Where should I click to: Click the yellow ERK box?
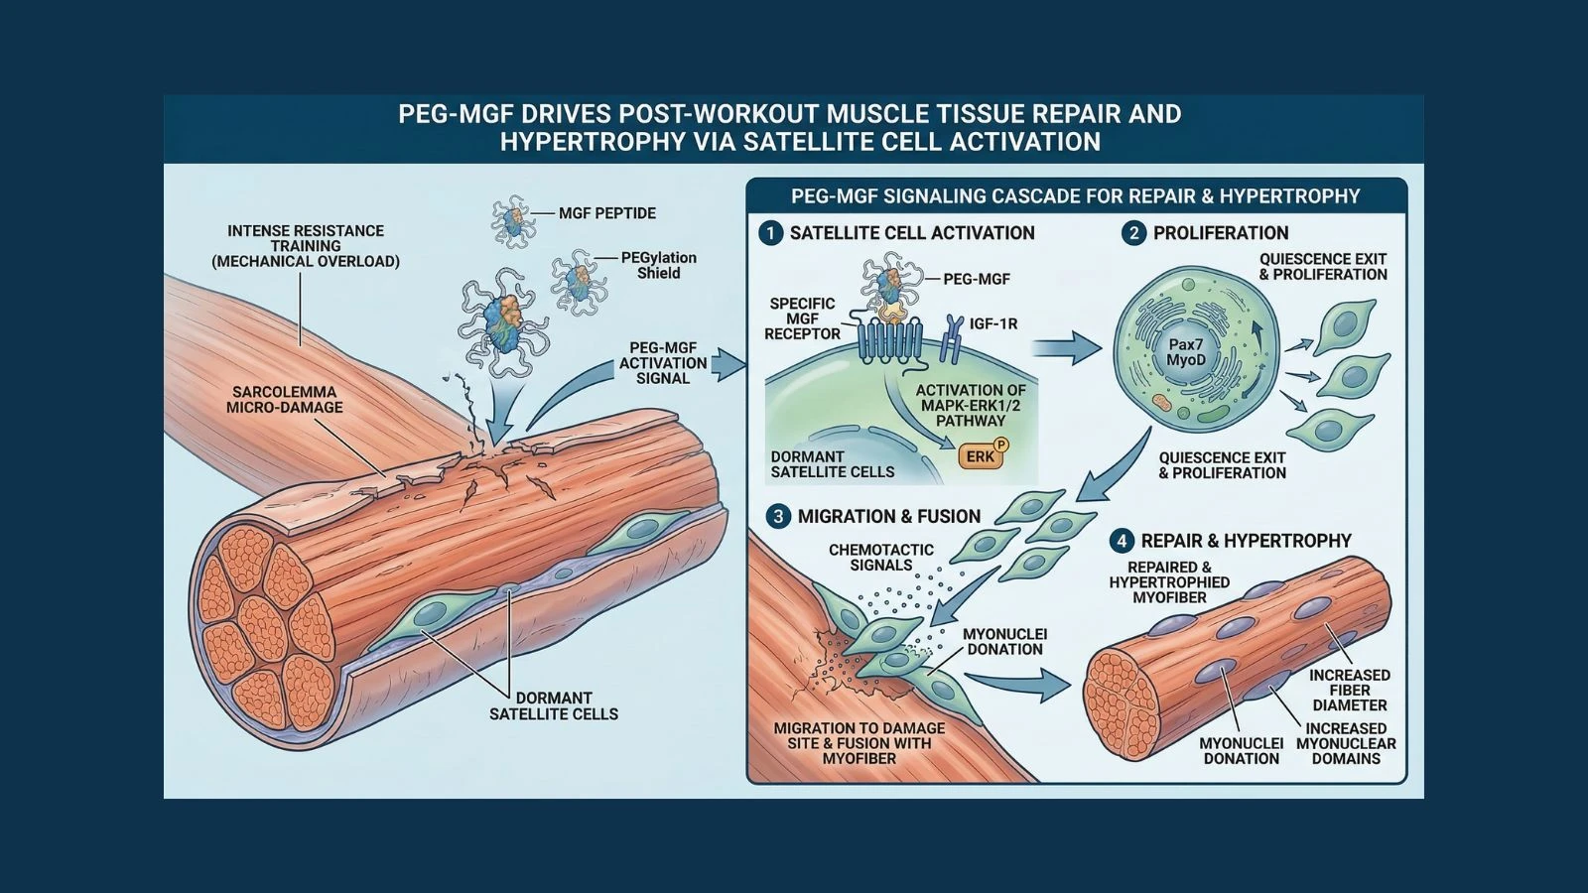click(x=981, y=455)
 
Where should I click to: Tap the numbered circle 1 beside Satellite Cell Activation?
click(x=770, y=233)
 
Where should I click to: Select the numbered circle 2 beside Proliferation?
click(x=1133, y=233)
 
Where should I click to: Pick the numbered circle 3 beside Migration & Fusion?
click(x=778, y=516)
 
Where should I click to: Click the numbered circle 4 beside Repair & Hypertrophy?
click(x=1122, y=541)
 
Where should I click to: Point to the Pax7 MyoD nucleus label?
click(x=1185, y=352)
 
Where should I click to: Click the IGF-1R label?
click(x=992, y=324)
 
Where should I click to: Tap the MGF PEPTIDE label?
click(x=606, y=213)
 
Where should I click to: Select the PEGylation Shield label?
click(x=658, y=265)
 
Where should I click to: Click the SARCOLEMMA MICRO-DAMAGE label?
click(x=284, y=399)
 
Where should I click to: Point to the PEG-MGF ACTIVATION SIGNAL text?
click(x=663, y=363)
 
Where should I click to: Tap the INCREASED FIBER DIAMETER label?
click(x=1349, y=690)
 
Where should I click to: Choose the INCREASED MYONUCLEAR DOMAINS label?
click(x=1346, y=743)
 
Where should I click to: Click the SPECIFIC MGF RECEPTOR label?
click(x=802, y=319)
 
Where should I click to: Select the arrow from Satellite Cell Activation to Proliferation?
click(x=1067, y=347)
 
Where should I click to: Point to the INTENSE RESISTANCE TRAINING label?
click(x=306, y=246)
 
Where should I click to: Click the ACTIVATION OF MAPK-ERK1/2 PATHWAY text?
click(x=971, y=405)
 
